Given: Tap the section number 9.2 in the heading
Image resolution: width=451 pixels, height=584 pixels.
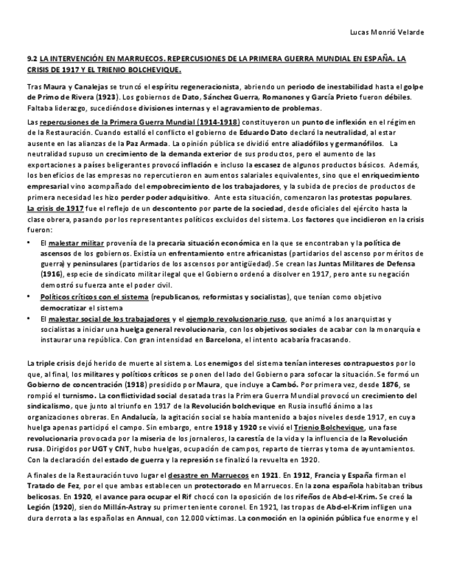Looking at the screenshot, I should tap(32, 60).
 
